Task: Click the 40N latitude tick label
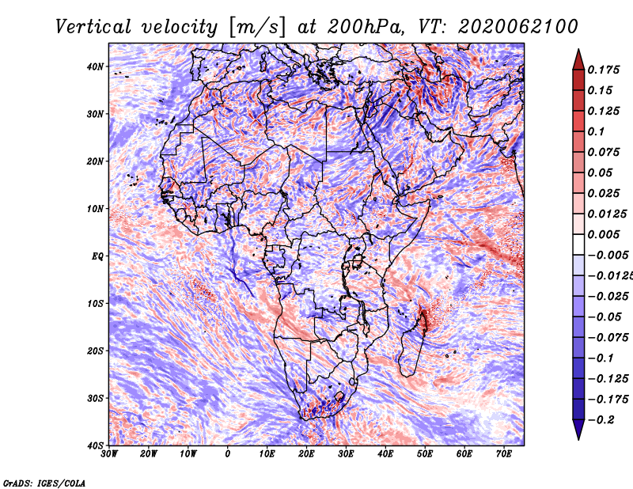pos(95,66)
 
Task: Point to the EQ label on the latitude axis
pos(98,256)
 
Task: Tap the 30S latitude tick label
pos(95,398)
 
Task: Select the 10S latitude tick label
pos(95,303)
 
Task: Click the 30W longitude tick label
pos(109,454)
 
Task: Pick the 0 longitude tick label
pos(228,454)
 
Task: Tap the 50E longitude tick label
pos(425,454)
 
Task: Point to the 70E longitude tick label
pos(504,454)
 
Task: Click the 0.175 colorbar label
pos(604,70)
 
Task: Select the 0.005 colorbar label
pos(604,234)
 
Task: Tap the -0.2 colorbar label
pos(601,420)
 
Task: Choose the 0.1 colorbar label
pos(597,131)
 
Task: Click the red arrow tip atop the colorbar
pos(578,50)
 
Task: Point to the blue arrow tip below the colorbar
pos(578,439)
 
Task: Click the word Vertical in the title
pos(93,27)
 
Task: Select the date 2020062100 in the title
pos(518,27)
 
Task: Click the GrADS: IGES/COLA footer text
pos(44,483)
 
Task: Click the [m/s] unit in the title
pos(257,28)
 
